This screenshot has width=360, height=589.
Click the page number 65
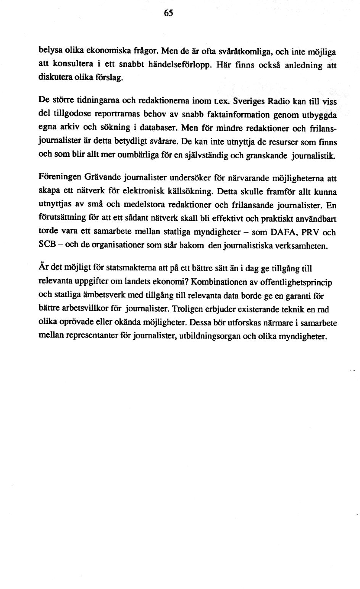click(169, 13)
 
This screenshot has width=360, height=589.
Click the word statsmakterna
click(117, 268)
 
